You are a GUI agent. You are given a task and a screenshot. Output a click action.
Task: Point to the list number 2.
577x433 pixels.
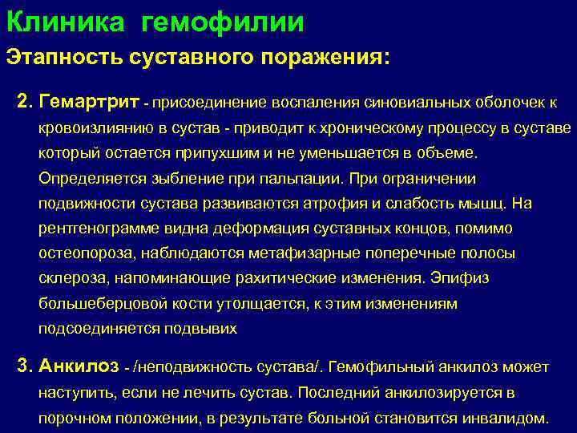click(x=23, y=103)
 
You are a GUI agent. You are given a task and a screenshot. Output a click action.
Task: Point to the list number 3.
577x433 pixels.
click(x=23, y=367)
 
